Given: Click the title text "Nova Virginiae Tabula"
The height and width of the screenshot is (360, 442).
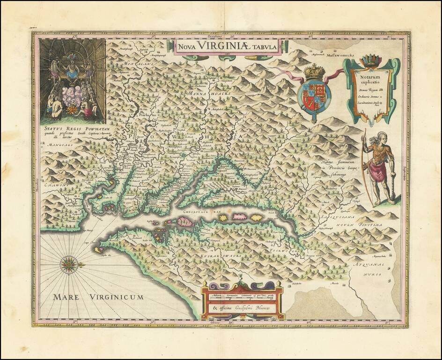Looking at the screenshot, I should click(x=227, y=46).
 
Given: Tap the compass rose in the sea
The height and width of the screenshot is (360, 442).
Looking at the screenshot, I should click(x=69, y=265).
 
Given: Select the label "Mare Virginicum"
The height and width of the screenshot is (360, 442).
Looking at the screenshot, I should click(x=98, y=297).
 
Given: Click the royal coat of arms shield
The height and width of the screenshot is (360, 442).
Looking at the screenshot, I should click(x=314, y=96).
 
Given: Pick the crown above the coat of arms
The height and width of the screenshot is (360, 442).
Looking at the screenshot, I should click(x=314, y=72).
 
